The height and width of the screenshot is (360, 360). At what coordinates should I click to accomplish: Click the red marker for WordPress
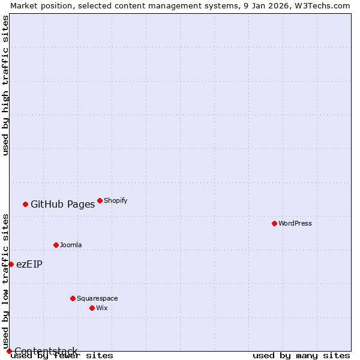click(274, 223)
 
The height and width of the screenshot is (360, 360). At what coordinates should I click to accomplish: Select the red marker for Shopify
click(100, 200)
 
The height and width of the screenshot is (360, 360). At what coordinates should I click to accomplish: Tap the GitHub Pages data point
click(25, 204)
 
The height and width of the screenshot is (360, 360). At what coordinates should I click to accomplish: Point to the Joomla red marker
click(56, 245)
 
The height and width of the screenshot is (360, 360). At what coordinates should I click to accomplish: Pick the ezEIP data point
click(11, 264)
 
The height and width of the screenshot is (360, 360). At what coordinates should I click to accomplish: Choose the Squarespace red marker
click(73, 298)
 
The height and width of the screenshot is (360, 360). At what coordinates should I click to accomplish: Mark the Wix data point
click(92, 308)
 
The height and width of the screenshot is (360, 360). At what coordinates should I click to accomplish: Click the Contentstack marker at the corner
click(9, 351)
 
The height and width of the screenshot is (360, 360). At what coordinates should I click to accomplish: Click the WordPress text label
click(295, 223)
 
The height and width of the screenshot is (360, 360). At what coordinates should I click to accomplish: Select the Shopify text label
click(115, 200)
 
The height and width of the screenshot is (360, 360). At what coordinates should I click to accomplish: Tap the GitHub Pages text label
click(62, 204)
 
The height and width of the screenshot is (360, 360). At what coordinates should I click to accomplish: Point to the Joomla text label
click(71, 245)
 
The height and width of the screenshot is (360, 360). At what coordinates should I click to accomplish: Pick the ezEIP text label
click(29, 264)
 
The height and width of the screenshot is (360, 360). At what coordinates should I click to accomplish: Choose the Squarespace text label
click(97, 298)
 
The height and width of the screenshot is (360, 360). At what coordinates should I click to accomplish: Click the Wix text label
click(102, 308)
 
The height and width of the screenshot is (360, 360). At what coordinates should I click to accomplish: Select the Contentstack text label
click(46, 351)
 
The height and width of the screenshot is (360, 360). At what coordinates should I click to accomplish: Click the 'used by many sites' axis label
click(301, 356)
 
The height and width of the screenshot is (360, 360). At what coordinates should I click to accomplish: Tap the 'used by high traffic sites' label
click(5, 85)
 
